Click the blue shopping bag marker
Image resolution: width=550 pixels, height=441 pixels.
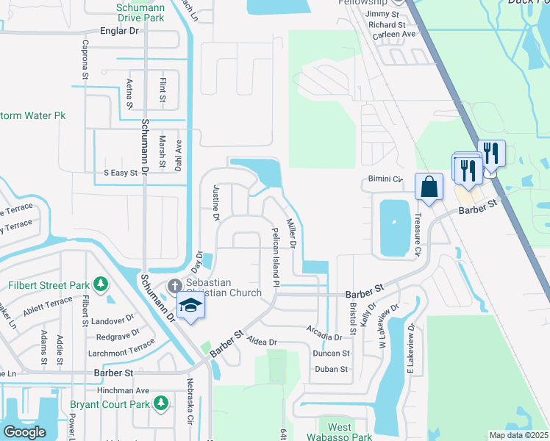pyautogui.click(x=429, y=187)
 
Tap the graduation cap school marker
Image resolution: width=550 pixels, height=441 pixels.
pyautogui.click(x=190, y=305)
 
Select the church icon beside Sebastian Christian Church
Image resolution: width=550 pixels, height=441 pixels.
pyautogui.click(x=175, y=285)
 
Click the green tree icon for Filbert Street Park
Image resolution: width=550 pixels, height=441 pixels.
pyautogui.click(x=100, y=284)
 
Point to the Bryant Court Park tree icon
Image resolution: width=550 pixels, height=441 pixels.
pyautogui.click(x=160, y=403)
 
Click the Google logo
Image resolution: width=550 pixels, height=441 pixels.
pyautogui.click(x=24, y=431)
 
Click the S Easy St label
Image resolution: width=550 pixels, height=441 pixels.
pyautogui.click(x=121, y=173)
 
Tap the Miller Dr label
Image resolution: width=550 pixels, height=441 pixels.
pyautogui.click(x=291, y=234)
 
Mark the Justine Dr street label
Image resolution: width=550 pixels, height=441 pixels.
pyautogui.click(x=216, y=203)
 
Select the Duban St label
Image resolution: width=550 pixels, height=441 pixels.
pyautogui.click(x=331, y=369)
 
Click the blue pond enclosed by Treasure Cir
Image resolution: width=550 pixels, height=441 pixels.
pyautogui.click(x=394, y=227)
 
